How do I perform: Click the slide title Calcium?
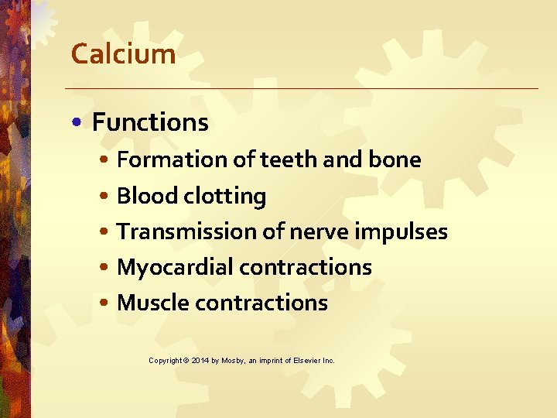pyautogui.click(x=123, y=54)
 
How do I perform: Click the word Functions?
pyautogui.click(x=150, y=122)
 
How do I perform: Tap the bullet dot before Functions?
pyautogui.click(x=80, y=123)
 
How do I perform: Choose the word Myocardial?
pyautogui.click(x=175, y=268)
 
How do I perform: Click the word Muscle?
pyautogui.click(x=152, y=303)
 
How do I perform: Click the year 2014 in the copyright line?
pyautogui.click(x=200, y=361)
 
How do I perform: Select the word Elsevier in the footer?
pyautogui.click(x=306, y=361)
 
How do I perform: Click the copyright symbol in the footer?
pyautogui.click(x=186, y=361)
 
